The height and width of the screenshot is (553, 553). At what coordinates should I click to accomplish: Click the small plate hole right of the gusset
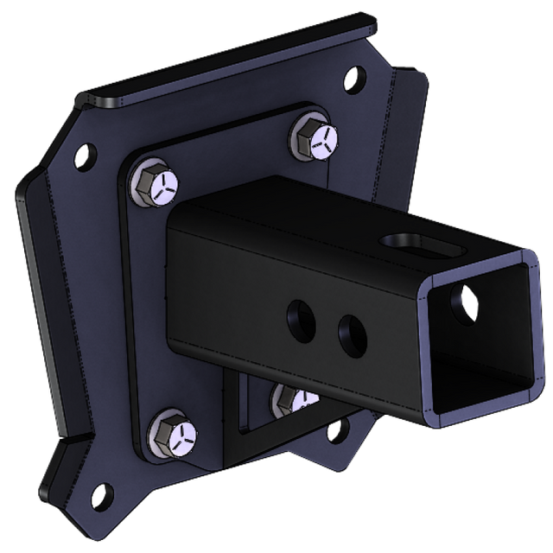coord(343,429)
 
